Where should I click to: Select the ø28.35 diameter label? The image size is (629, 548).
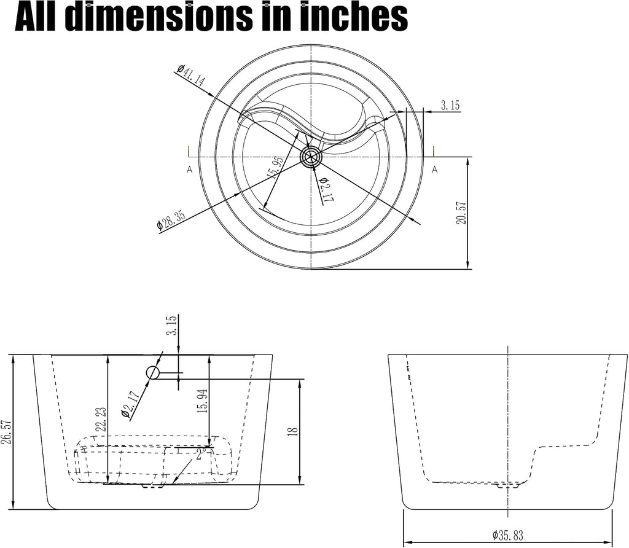coord(171,220)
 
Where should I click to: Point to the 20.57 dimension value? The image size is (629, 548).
coord(462,213)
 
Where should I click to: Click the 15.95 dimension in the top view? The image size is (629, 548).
coord(275,166)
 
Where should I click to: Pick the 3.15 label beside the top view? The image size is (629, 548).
coord(450,106)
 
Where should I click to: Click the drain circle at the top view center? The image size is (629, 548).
coord(311,157)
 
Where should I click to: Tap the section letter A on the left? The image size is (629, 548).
coord(189,170)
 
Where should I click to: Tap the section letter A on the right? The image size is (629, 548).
coord(434,170)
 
